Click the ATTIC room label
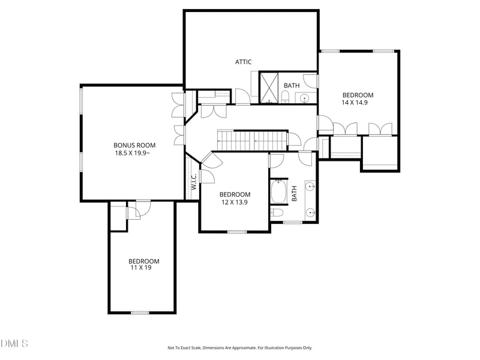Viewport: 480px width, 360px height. (244, 62)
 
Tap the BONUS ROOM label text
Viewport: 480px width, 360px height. (134, 145)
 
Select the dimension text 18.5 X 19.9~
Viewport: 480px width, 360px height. (132, 153)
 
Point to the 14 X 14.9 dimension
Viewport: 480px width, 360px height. (355, 102)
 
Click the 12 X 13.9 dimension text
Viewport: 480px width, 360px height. (235, 202)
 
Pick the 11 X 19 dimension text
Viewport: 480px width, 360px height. (141, 268)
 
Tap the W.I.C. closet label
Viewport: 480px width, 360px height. (193, 181)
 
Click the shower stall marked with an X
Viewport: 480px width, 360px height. (269, 88)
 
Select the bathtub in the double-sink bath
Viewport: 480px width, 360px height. (278, 191)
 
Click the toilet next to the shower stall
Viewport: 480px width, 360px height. (285, 97)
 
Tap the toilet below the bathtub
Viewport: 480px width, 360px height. (277, 212)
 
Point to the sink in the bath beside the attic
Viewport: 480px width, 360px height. (304, 98)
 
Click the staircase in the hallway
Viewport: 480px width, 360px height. (253, 140)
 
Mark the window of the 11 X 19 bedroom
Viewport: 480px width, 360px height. (140, 313)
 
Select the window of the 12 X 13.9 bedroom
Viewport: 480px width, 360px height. (237, 232)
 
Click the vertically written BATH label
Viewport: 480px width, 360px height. (294, 193)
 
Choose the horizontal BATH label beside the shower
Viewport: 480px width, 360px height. (292, 85)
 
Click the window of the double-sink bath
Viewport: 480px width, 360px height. (293, 222)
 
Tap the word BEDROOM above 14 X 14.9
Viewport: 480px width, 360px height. (358, 95)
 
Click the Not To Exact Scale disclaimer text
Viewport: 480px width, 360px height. (239, 348)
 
